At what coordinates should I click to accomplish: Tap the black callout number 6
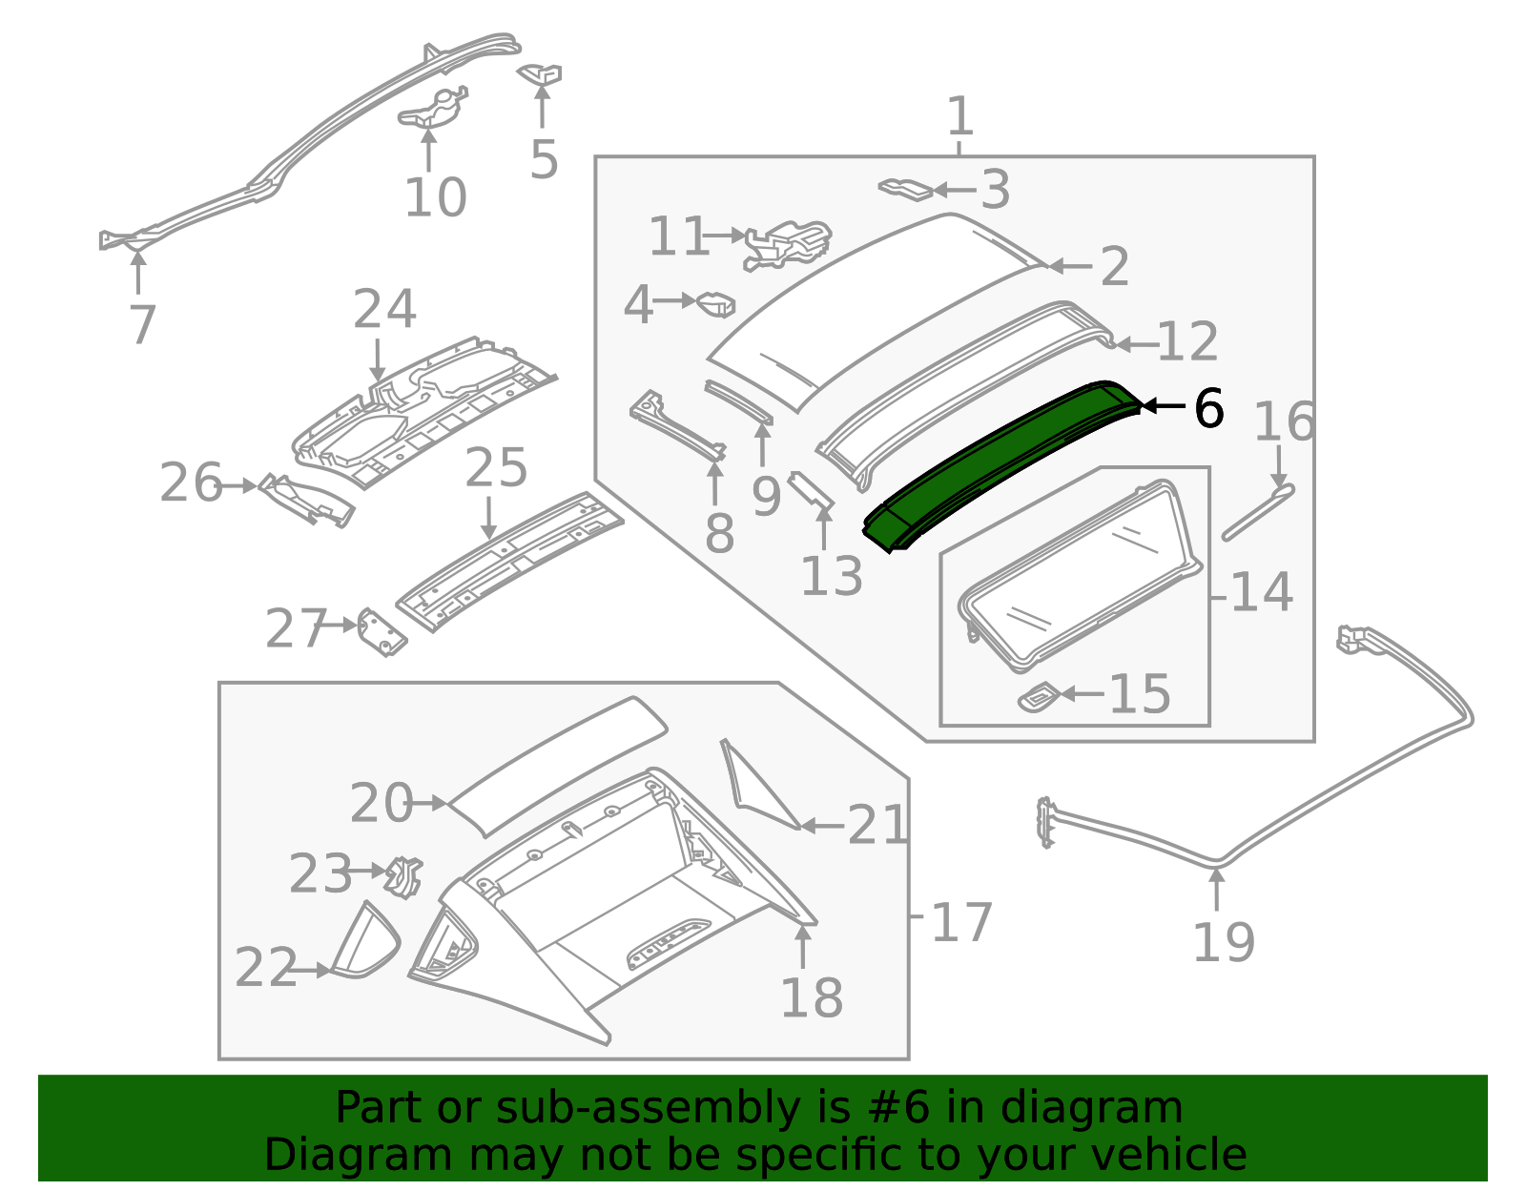1208,408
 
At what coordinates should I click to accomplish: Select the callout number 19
1224,942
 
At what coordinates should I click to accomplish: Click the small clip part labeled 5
539,73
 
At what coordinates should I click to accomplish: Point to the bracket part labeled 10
432,110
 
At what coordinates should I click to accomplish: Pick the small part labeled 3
905,189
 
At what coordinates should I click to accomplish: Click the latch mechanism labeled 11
787,245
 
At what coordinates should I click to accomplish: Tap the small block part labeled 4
715,304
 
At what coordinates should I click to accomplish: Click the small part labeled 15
1039,697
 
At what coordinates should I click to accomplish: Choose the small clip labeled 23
403,876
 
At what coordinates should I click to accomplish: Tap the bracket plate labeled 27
381,632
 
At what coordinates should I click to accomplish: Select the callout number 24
384,310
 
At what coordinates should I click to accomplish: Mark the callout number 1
960,115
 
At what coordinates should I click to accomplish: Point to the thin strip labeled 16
1258,512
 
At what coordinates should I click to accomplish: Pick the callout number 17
961,922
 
